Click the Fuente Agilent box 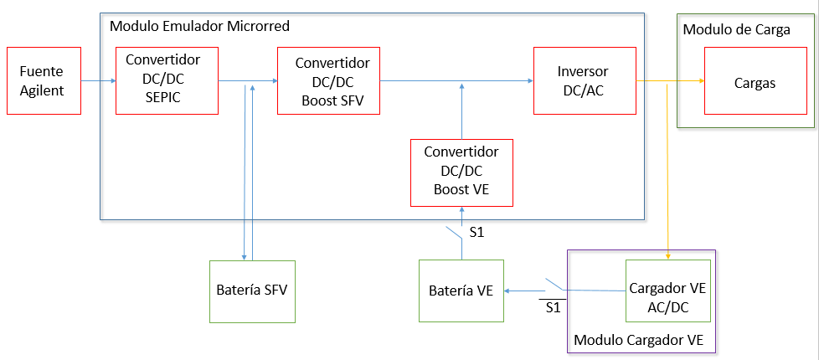(43, 80)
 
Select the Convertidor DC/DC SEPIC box (166, 80)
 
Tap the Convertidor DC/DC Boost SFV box (328, 80)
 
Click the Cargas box (755, 81)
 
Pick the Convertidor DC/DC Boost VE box (461, 172)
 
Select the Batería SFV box (252, 291)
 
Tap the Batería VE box (461, 291)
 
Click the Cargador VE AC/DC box (667, 291)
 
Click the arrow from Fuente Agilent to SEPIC (99, 81)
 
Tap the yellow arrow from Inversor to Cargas (670, 81)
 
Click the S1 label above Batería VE (476, 233)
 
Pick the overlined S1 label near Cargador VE (552, 307)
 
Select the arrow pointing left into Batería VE (523, 291)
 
